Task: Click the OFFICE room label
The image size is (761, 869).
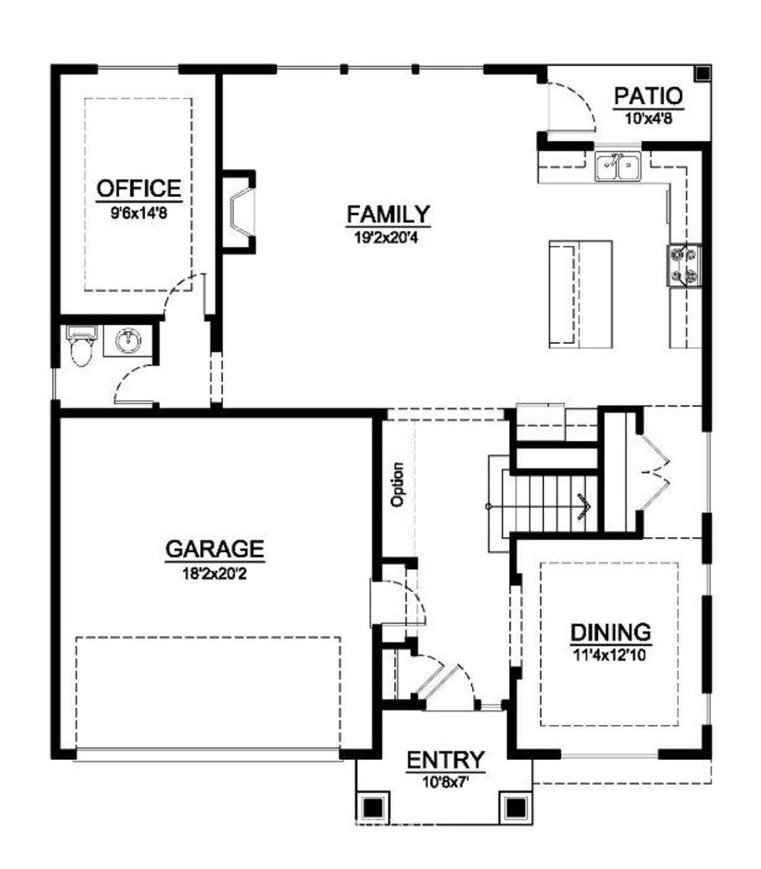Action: point(139,189)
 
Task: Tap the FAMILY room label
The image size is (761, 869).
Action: point(388,214)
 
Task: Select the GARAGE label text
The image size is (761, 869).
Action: point(215,549)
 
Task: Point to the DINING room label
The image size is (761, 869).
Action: point(611,632)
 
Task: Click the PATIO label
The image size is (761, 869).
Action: point(648,97)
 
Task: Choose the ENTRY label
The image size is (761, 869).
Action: point(446,760)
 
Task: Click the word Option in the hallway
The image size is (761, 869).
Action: point(397,484)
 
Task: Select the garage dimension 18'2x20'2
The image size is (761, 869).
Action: point(214,573)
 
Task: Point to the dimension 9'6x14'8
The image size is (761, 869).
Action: point(139,213)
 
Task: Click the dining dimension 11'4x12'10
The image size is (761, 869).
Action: point(609,656)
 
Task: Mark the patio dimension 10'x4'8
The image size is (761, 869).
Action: point(648,118)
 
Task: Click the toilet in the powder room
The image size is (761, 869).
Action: point(82,346)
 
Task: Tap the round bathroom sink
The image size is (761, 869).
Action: point(128,340)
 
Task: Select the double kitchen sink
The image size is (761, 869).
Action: point(618,167)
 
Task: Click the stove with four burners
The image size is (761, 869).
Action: point(684,265)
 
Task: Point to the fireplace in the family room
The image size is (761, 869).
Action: point(239,212)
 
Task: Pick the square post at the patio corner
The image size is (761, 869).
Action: point(702,73)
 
